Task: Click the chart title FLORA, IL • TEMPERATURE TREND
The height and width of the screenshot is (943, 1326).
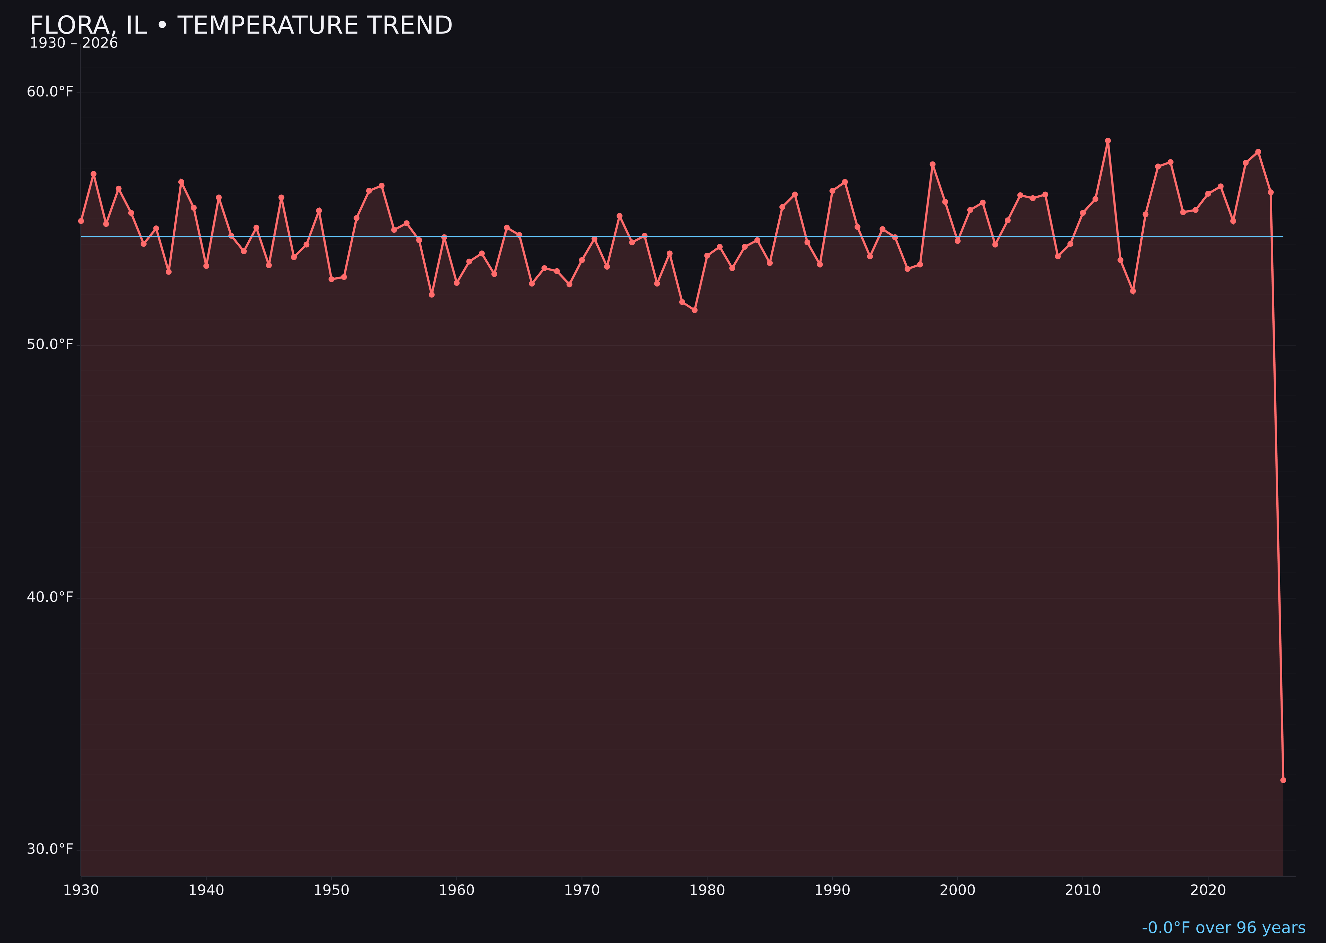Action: pyautogui.click(x=241, y=26)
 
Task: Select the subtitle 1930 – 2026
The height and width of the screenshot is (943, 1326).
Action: pyautogui.click(x=74, y=43)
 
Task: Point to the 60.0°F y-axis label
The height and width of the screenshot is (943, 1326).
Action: pyautogui.click(x=50, y=92)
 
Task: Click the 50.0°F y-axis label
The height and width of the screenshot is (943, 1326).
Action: pyautogui.click(x=50, y=344)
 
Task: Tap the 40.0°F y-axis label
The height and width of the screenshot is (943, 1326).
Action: pyautogui.click(x=50, y=597)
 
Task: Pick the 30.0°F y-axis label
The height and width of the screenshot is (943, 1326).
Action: pyautogui.click(x=50, y=849)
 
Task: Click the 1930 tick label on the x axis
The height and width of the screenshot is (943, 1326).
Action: pyautogui.click(x=81, y=890)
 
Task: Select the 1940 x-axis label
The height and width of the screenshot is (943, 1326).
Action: pyautogui.click(x=206, y=890)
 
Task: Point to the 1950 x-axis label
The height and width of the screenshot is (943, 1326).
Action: pyautogui.click(x=331, y=890)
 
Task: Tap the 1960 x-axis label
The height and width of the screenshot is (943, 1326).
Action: pyautogui.click(x=457, y=890)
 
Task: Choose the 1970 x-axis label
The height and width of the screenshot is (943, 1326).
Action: pyautogui.click(x=582, y=890)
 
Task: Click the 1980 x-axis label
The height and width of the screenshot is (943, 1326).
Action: pyautogui.click(x=707, y=890)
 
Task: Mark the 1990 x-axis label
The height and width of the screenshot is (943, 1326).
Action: pyautogui.click(x=832, y=890)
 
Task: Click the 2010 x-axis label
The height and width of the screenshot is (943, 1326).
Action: pyautogui.click(x=1083, y=890)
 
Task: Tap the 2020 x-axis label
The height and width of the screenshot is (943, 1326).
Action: pyautogui.click(x=1208, y=890)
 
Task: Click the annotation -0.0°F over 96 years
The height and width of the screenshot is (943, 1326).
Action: pyautogui.click(x=1223, y=928)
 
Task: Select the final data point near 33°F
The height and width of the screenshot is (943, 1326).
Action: pyautogui.click(x=1283, y=780)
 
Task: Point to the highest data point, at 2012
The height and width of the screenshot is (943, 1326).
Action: pyautogui.click(x=1108, y=141)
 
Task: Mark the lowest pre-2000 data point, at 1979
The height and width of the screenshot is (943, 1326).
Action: pyautogui.click(x=694, y=310)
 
